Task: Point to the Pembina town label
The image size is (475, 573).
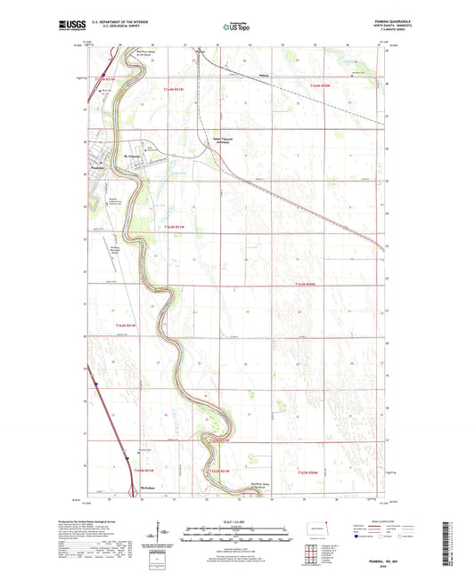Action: point(98,168)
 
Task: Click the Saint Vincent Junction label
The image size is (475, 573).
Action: point(227,140)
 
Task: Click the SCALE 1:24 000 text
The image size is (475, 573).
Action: point(236,521)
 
